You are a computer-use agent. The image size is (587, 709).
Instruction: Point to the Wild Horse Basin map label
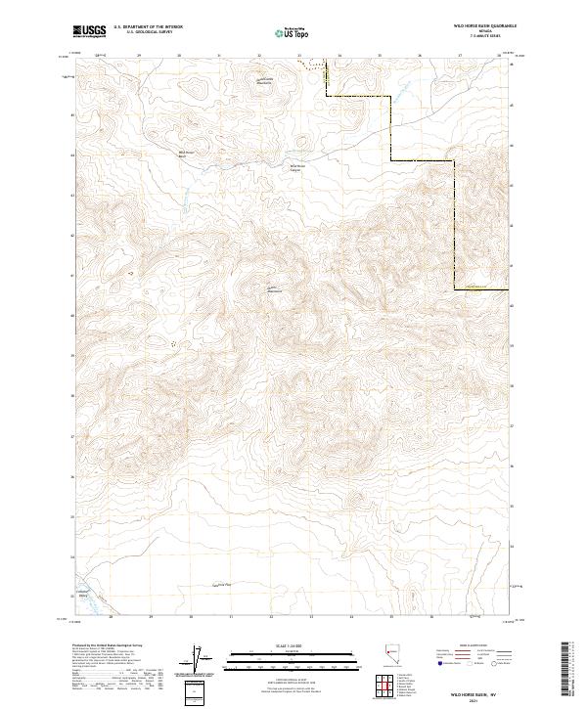pos(186,154)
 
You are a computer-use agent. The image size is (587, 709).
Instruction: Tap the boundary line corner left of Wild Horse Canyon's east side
pos(391,159)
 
